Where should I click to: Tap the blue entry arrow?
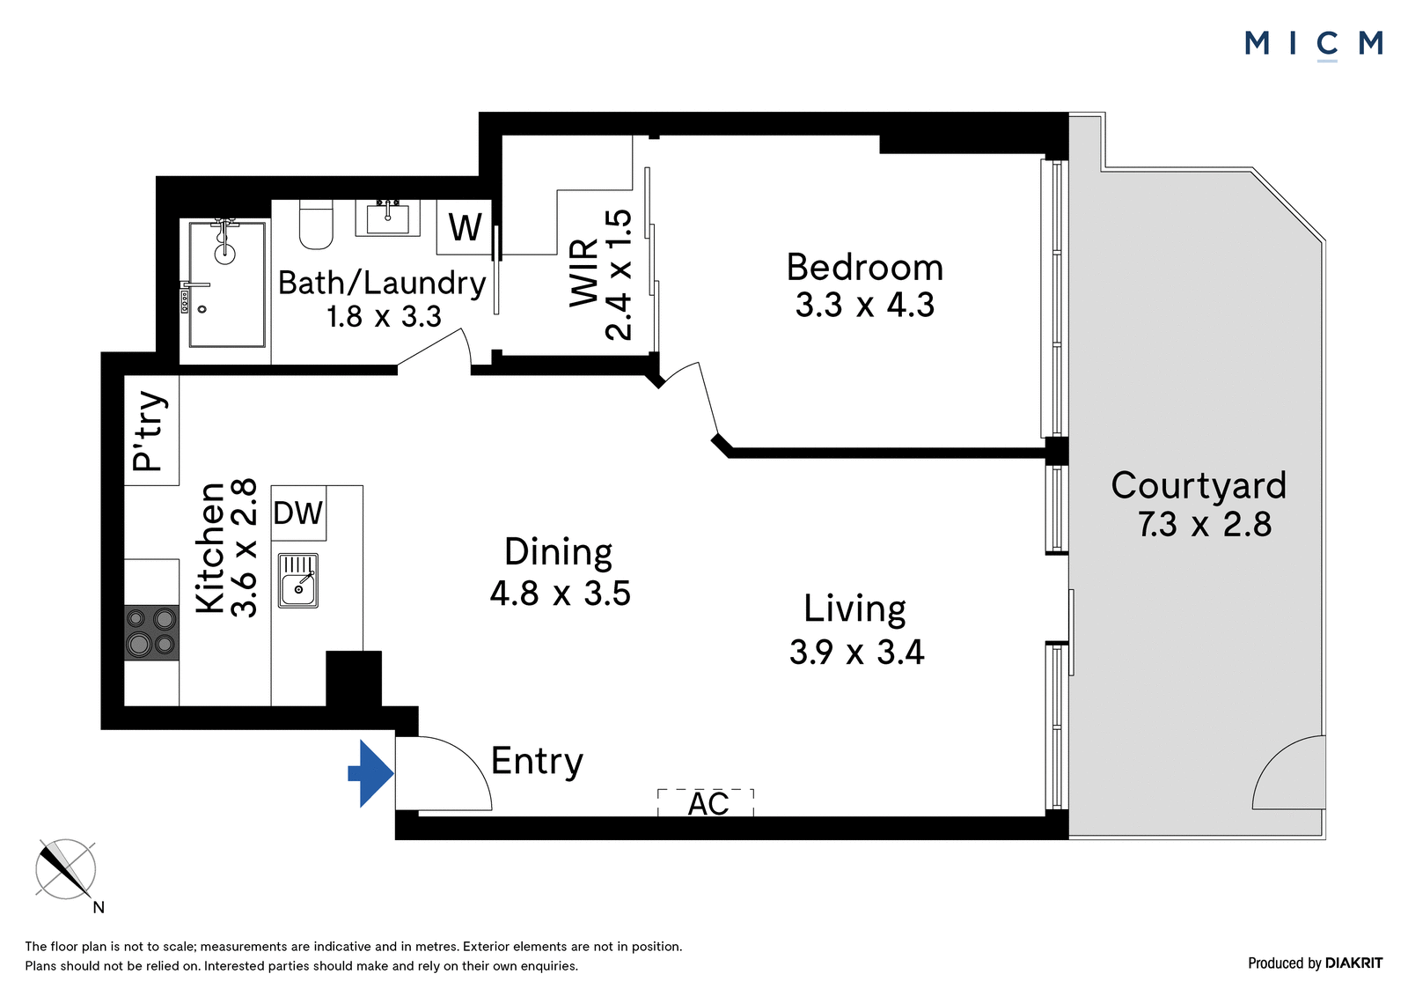(x=370, y=773)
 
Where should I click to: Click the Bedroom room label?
(x=865, y=268)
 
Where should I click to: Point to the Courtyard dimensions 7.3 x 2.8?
(x=1205, y=524)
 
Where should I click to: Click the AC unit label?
(x=708, y=803)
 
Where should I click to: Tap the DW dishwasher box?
(x=298, y=513)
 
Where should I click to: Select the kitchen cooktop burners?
(x=151, y=633)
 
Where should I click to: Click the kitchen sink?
(x=298, y=580)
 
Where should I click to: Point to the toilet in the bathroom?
(x=316, y=225)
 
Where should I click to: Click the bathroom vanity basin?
(x=388, y=218)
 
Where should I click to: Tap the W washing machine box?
(x=465, y=227)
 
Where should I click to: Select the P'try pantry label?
(x=149, y=431)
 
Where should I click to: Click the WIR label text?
(x=584, y=274)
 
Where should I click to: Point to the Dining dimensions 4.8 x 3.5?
(x=560, y=594)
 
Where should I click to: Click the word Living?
(x=854, y=609)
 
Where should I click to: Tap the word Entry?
(x=537, y=762)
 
